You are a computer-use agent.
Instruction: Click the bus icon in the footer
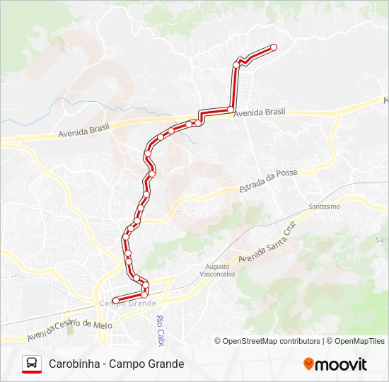(x=31, y=364)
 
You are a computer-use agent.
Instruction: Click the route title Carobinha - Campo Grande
(x=116, y=364)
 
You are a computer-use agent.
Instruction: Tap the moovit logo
(x=335, y=364)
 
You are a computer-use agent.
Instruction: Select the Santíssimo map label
(x=325, y=207)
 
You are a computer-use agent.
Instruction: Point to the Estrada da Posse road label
(x=269, y=181)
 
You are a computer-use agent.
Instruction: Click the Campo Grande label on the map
(x=127, y=303)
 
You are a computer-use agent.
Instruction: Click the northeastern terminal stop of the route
(x=274, y=47)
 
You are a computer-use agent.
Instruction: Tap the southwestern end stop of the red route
(x=115, y=301)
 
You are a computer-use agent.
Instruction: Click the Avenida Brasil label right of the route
(x=259, y=112)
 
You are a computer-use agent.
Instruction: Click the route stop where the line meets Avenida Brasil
(x=231, y=109)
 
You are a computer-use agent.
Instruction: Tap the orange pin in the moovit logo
(x=308, y=364)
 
